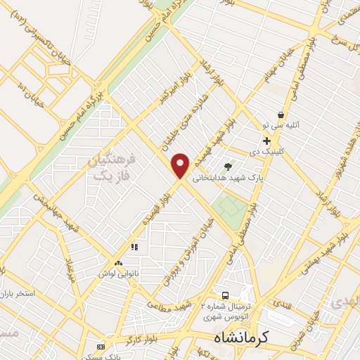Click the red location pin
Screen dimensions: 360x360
click(x=181, y=165)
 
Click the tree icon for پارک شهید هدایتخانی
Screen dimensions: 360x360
click(x=227, y=167)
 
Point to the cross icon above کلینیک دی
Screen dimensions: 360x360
click(x=266, y=141)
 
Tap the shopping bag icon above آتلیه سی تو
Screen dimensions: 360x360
click(x=281, y=115)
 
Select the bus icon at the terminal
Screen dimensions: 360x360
click(x=226, y=295)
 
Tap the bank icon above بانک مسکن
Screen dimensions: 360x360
click(x=101, y=347)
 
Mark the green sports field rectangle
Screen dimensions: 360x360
click(x=226, y=207)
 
